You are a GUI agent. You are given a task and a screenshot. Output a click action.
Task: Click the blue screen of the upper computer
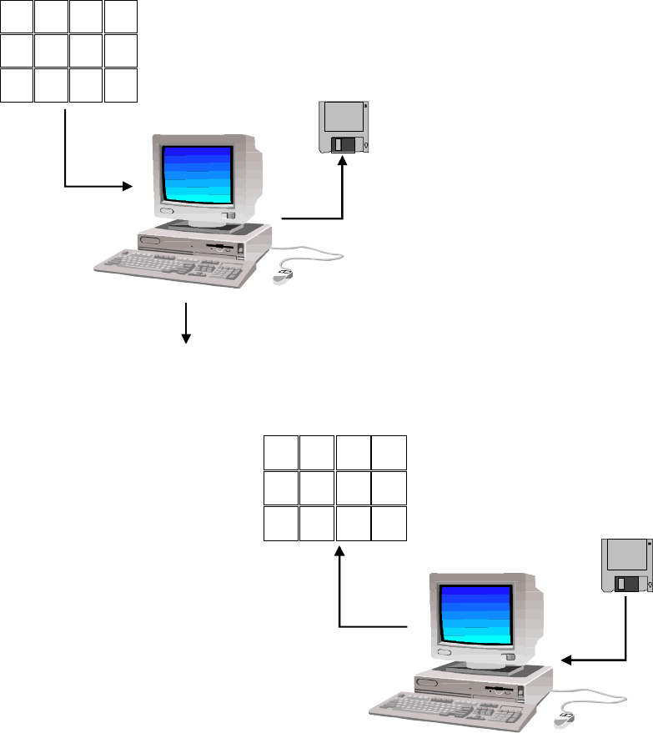(197, 173)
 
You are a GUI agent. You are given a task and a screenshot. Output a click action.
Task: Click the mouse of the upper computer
(282, 276)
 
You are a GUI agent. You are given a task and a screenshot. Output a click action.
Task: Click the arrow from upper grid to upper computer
(66, 158)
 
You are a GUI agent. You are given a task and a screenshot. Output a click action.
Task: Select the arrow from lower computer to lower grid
(341, 600)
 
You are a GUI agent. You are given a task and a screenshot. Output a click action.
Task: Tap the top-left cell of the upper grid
(18, 17)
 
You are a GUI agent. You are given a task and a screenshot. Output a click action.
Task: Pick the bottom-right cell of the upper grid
(121, 86)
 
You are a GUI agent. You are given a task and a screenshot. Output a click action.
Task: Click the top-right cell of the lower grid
(389, 452)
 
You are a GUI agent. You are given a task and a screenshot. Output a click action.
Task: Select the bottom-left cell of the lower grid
(281, 523)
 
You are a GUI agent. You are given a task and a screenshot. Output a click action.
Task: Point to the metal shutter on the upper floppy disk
(343, 145)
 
